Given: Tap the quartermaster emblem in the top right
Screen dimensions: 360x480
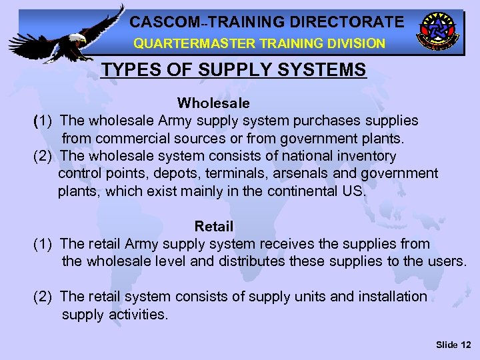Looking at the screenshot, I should tap(438, 30).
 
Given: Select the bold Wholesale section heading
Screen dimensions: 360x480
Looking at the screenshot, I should tap(213, 103).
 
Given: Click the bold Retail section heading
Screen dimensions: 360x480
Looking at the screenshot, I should tap(213, 227).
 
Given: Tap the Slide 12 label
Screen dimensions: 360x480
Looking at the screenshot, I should tap(453, 344).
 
